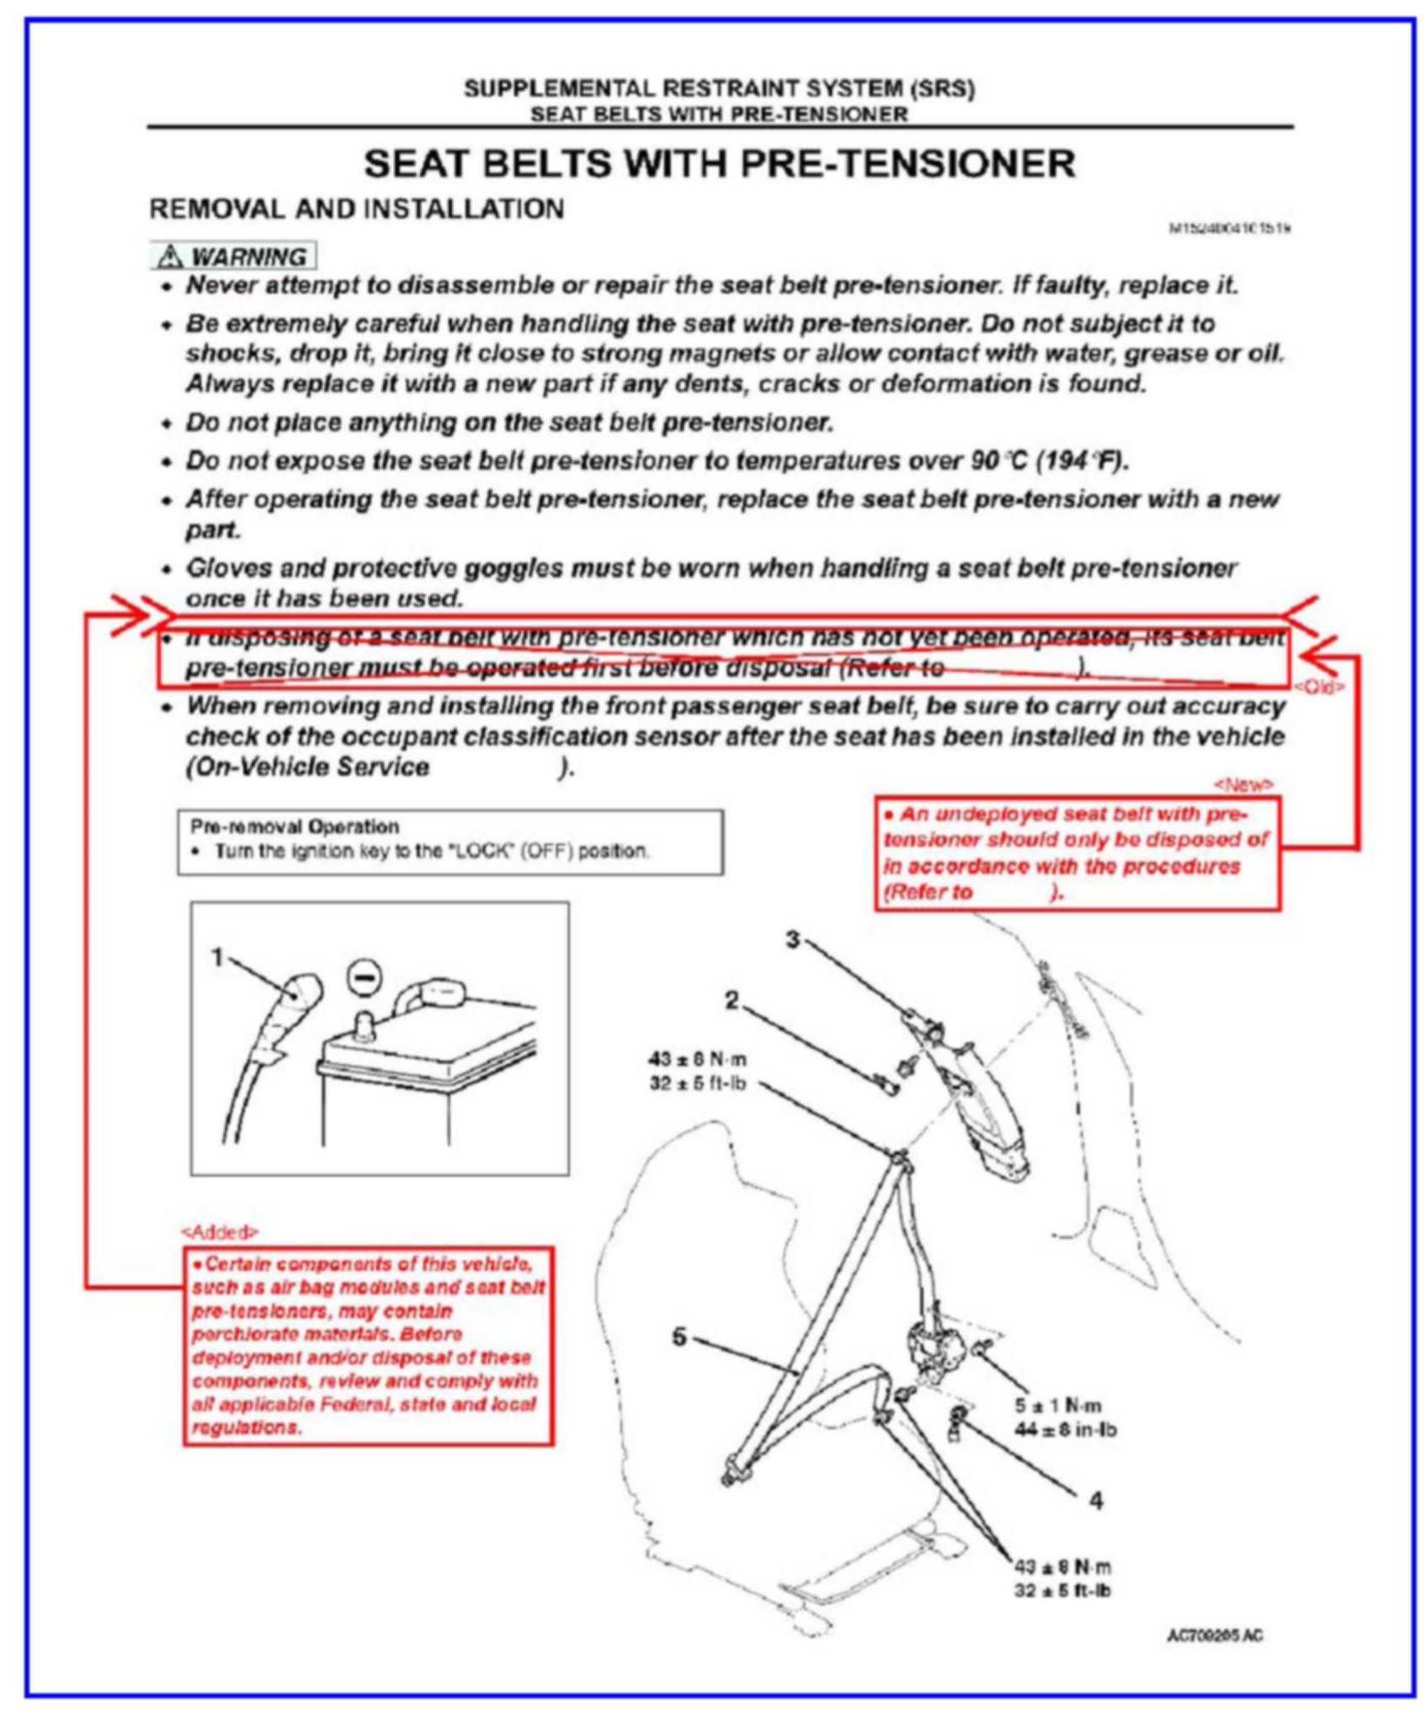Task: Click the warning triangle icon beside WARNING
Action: click(170, 256)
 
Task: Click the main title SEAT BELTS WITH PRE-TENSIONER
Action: click(720, 163)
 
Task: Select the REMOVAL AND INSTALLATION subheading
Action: click(357, 209)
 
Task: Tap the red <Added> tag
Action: click(220, 1232)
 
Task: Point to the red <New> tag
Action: click(1242, 784)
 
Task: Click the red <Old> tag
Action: click(1318, 687)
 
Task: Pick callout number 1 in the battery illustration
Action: click(217, 958)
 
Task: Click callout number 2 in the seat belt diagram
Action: click(731, 1000)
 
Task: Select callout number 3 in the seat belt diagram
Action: click(792, 939)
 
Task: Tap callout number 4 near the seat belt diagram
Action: click(1096, 1501)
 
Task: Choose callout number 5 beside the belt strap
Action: click(680, 1336)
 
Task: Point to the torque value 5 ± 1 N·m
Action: click(1069, 1405)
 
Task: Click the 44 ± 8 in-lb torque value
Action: click(1065, 1429)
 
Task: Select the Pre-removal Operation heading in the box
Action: click(295, 826)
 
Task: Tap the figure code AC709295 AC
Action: click(1214, 1635)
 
